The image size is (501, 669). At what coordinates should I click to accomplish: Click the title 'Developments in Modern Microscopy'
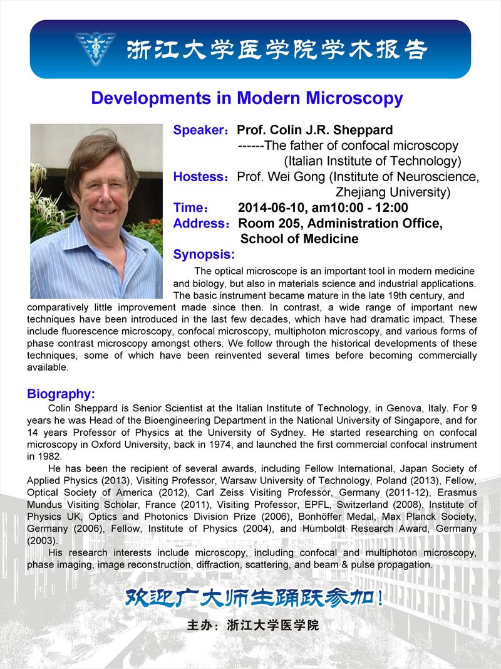[x=247, y=98]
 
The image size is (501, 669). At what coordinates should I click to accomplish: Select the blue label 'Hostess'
[x=198, y=177]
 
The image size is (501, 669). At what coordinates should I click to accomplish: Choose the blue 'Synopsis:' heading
[x=204, y=255]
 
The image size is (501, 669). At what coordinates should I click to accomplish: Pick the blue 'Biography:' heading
[x=61, y=394]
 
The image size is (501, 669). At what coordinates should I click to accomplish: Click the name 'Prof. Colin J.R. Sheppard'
[x=315, y=130]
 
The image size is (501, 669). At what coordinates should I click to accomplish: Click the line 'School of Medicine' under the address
[x=299, y=239]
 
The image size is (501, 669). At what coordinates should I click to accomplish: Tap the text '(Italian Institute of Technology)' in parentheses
[x=373, y=161]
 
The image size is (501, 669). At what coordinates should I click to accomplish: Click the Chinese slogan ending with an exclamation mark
[x=254, y=598]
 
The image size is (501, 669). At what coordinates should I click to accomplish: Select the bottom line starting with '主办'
[x=253, y=626]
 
